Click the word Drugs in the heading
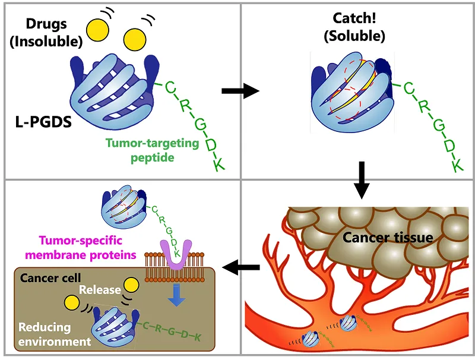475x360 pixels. point(46,25)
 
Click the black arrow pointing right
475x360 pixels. point(240,91)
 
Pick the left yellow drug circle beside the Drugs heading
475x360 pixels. point(98,27)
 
